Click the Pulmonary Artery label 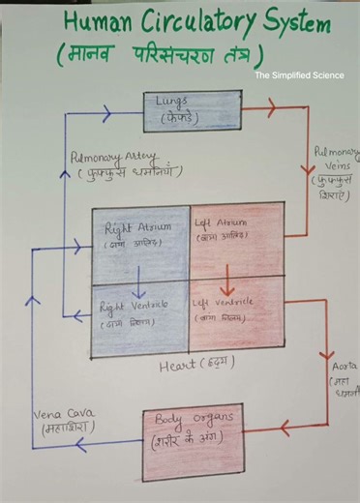pos(108,163)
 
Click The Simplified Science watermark pos(299,74)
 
